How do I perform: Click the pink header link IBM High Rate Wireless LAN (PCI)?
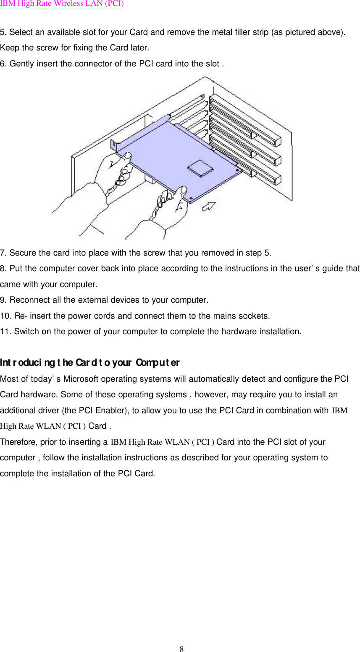(x=62, y=4)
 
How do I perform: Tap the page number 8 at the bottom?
(x=181, y=649)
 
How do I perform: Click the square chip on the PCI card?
(x=200, y=167)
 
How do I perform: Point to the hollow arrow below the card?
(x=209, y=206)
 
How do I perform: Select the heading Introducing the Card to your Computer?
(x=89, y=362)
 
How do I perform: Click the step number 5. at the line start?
(x=4, y=32)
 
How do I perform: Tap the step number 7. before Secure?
(x=4, y=253)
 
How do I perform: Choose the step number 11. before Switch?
(x=6, y=332)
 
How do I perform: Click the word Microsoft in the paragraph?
(x=81, y=379)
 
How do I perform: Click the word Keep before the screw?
(x=9, y=48)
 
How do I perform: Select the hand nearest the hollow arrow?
(x=170, y=208)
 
